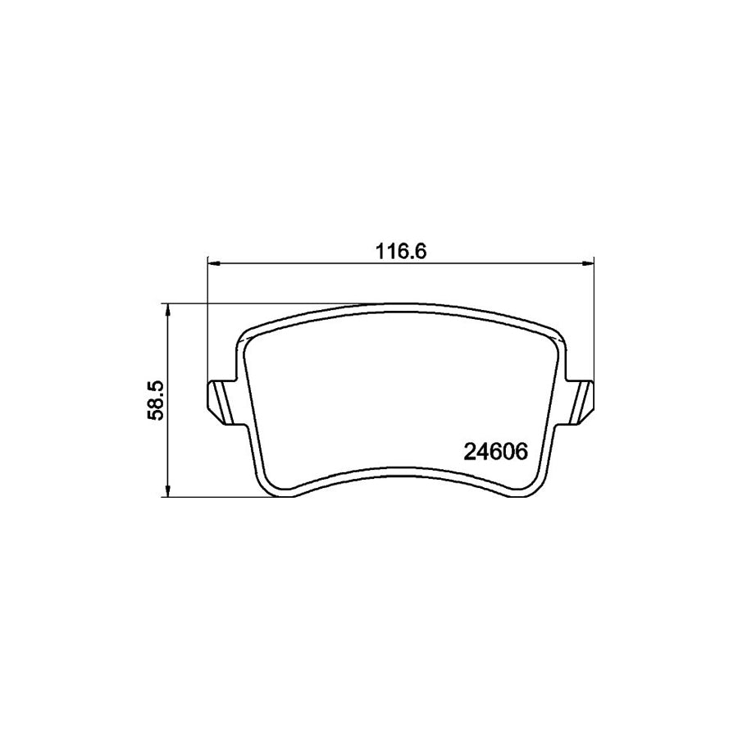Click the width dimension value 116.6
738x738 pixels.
[x=400, y=252]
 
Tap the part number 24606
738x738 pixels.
[x=495, y=453]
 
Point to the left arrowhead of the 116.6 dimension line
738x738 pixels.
[x=213, y=263]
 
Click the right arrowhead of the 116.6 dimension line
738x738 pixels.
[x=588, y=263]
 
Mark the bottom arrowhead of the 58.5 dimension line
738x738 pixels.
[x=166, y=491]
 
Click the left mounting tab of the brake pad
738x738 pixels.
[x=221, y=403]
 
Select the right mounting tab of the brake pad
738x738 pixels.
[x=580, y=403]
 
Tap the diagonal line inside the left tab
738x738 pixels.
[x=225, y=403]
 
